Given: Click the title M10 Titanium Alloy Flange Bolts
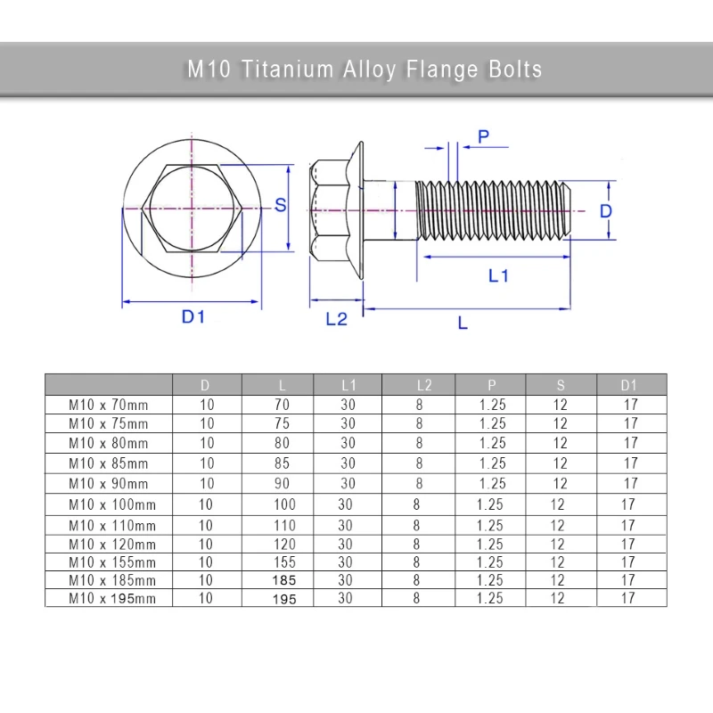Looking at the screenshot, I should [x=364, y=70].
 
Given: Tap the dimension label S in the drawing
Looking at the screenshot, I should [x=280, y=205].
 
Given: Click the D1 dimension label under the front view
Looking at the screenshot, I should [x=193, y=316].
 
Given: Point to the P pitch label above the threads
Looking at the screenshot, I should [x=483, y=136].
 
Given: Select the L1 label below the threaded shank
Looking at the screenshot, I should [x=497, y=276].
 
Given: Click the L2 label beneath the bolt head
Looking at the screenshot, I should [x=336, y=319].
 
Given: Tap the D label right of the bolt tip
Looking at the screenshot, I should [x=605, y=211].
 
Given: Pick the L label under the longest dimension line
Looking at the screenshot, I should [x=463, y=324].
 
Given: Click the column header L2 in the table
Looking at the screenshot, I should [x=424, y=385].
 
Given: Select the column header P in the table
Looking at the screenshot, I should [x=492, y=385].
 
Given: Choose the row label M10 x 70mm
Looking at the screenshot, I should [x=109, y=404].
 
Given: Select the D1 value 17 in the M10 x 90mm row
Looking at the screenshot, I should [x=631, y=484].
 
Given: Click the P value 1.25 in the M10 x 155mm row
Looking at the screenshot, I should [x=490, y=562].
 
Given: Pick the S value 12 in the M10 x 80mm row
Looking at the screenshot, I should [x=560, y=443].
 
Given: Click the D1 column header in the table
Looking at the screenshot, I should [x=629, y=385].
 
